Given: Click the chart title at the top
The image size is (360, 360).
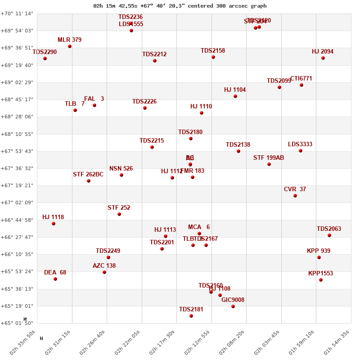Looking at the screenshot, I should click(x=180, y=6).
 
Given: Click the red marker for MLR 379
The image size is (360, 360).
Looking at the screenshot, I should click(x=70, y=46).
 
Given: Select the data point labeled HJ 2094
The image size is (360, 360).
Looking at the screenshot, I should click(x=323, y=58).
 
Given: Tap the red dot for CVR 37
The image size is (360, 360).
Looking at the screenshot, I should click(x=295, y=196).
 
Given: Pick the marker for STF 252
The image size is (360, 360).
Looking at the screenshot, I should click(x=119, y=214).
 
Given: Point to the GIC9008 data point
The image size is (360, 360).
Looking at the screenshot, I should click(x=233, y=306).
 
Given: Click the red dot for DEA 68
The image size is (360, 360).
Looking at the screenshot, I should click(x=55, y=279).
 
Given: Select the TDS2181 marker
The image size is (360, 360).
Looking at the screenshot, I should click(x=191, y=316).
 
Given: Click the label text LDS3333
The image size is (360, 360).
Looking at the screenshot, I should click(x=300, y=144).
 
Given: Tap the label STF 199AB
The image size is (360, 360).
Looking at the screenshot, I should click(x=269, y=158).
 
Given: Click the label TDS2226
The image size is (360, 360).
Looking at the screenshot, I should click(x=144, y=102).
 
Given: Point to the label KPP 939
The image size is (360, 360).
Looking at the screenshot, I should click(x=319, y=251).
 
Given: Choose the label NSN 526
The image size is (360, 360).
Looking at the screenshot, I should click(x=121, y=169).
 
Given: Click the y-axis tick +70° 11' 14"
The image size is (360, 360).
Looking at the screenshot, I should click(x=17, y=13).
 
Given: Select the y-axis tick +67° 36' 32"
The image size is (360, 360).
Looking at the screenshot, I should click(x=17, y=168).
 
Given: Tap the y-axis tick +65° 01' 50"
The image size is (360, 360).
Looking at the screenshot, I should click(x=17, y=323).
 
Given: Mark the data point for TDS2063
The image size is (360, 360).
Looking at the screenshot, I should click(x=329, y=235).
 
